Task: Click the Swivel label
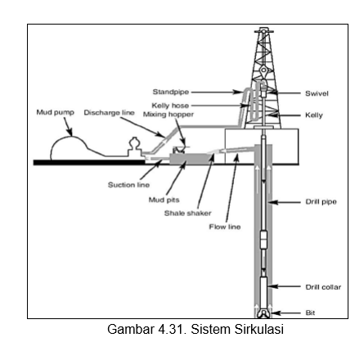coord(317,93)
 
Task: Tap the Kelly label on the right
coord(314,115)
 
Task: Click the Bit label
coord(310,312)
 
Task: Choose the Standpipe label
coord(166,92)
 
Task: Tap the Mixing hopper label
coord(158,114)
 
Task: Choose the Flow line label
coord(225,227)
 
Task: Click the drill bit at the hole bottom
coord(264,312)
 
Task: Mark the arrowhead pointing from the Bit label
coord(276,312)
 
